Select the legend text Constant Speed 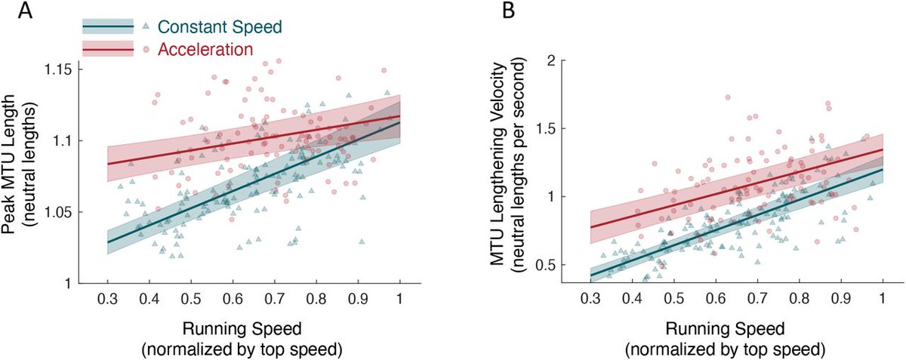[220, 27]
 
